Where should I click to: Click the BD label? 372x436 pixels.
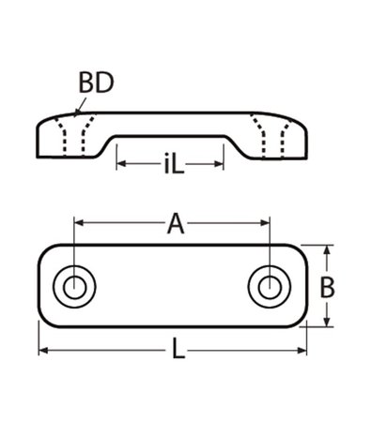[96, 83]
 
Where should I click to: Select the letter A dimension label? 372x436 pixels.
[174, 224]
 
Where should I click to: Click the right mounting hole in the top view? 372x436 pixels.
[268, 286]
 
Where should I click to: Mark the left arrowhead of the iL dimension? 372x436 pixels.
[121, 165]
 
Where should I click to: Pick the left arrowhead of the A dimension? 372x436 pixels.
[78, 223]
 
